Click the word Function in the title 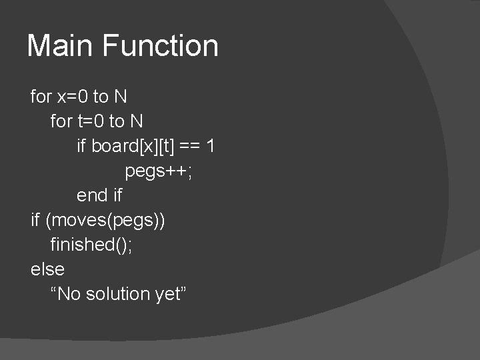click(x=160, y=46)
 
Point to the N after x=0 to click(x=120, y=97)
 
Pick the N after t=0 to click(x=137, y=121)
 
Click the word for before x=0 click(x=41, y=97)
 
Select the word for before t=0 click(x=61, y=121)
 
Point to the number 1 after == click(x=210, y=146)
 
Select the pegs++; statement click(x=159, y=171)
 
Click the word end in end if click(x=91, y=195)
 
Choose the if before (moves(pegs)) click(x=35, y=219)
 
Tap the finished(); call click(x=91, y=244)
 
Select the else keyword click(x=47, y=269)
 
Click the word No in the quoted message click(x=69, y=293)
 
